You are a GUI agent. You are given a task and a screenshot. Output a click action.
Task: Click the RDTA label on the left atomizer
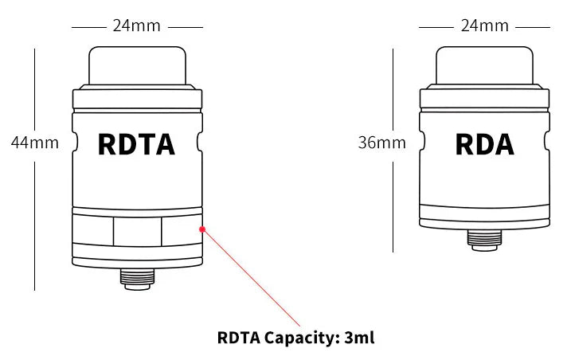135,144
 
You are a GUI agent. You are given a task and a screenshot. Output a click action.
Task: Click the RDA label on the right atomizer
484,144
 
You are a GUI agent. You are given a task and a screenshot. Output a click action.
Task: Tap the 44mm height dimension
34,143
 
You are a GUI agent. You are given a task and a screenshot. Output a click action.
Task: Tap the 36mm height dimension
381,143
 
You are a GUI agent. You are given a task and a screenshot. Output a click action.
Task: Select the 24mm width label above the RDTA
136,25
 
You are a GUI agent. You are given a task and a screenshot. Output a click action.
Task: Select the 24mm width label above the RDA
484,25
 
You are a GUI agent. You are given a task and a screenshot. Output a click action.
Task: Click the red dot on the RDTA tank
203,229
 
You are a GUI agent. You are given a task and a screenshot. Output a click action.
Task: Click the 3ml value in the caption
360,337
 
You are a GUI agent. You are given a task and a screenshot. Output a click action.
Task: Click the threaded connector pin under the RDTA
136,277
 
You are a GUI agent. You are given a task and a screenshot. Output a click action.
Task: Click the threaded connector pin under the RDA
484,237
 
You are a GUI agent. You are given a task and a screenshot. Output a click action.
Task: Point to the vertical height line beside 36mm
393,199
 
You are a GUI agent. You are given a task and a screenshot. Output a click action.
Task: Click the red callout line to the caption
251,279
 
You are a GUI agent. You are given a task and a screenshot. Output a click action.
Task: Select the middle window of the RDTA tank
136,233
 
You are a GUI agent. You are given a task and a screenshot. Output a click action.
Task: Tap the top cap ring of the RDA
484,98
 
